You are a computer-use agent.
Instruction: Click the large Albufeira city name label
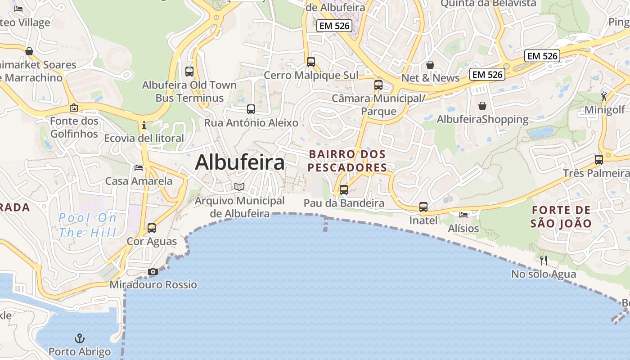pyautogui.click(x=240, y=162)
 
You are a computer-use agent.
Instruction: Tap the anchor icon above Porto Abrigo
pyautogui.click(x=79, y=338)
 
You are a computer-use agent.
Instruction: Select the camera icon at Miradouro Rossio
pyautogui.click(x=153, y=271)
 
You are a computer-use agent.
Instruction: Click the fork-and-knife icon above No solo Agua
pyautogui.click(x=544, y=260)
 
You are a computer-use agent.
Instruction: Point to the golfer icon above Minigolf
pyautogui.click(x=604, y=96)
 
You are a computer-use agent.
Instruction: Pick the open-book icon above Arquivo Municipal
pyautogui.click(x=239, y=187)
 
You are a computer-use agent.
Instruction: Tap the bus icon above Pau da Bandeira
pyautogui.click(x=344, y=190)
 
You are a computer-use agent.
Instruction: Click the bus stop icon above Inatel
pyautogui.click(x=423, y=207)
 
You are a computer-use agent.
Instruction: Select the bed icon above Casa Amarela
pyautogui.click(x=139, y=168)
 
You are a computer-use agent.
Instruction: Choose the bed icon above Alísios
pyautogui.click(x=463, y=215)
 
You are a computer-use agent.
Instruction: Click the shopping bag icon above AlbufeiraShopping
pyautogui.click(x=482, y=106)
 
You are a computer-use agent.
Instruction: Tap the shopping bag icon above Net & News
pyautogui.click(x=430, y=65)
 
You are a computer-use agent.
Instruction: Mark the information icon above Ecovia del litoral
pyautogui.click(x=144, y=125)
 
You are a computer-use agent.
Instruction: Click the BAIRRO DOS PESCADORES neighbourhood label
pyautogui.click(x=347, y=161)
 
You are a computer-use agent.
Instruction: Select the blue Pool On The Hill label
pyautogui.click(x=88, y=225)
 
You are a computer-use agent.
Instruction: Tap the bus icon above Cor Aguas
pyautogui.click(x=152, y=228)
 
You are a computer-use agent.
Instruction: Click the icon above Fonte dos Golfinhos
pyautogui.click(x=74, y=108)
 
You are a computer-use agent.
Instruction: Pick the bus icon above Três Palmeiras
pyautogui.click(x=599, y=160)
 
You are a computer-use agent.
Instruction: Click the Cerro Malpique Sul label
pyautogui.click(x=311, y=75)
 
